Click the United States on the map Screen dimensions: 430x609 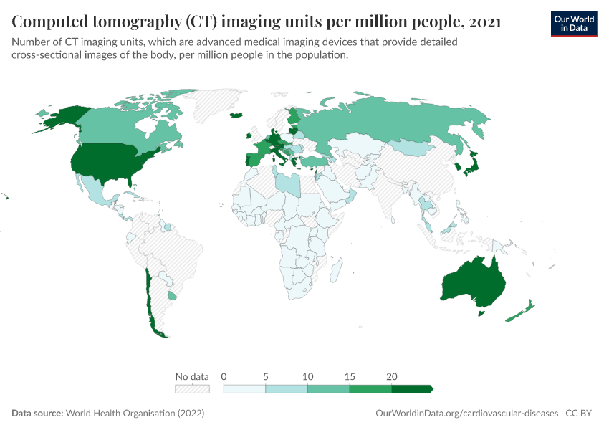coord(107,161)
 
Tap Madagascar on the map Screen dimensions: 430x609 coord(334,272)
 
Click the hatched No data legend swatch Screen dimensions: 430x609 coord(192,388)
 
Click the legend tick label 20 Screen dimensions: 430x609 coord(391,376)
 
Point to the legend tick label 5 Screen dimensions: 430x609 coord(266,376)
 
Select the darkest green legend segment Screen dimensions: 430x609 coord(411,388)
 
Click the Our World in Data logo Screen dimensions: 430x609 coord(574,24)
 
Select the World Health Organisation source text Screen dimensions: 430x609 coord(135,414)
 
